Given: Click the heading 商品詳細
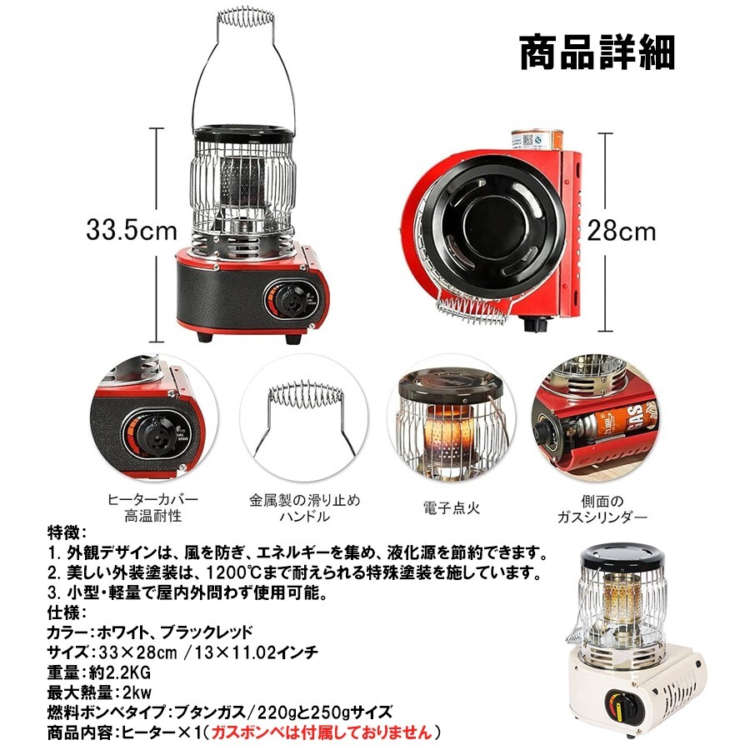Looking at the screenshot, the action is click(x=597, y=52).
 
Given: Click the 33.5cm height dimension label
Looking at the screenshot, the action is click(x=132, y=230).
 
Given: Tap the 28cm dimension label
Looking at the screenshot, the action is click(x=622, y=231).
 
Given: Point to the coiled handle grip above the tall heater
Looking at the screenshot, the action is click(x=245, y=17).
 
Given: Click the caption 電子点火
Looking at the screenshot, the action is click(x=451, y=507).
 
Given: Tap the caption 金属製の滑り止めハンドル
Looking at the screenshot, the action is click(x=304, y=508).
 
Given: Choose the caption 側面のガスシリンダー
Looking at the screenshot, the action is click(x=602, y=509).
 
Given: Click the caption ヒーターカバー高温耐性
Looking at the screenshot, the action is click(x=153, y=507).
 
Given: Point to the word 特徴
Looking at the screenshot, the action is click(x=63, y=532).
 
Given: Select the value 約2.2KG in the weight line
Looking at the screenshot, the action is click(x=119, y=673).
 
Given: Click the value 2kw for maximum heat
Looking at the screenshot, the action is click(x=137, y=692).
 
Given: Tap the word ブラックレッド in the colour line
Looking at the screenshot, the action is click(x=206, y=632).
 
